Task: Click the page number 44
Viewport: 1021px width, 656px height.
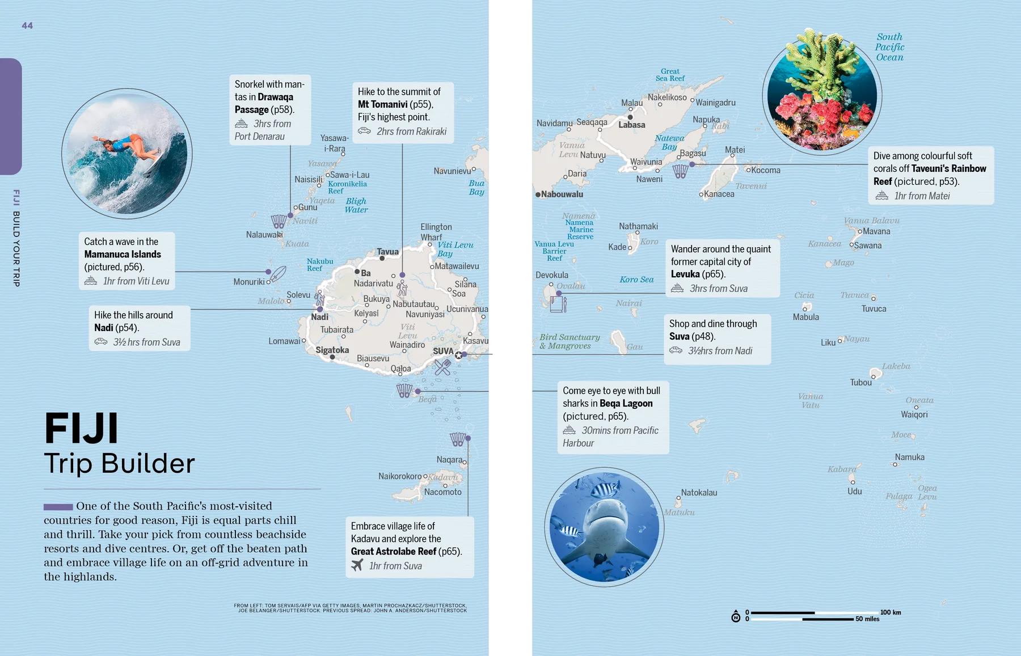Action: (x=27, y=26)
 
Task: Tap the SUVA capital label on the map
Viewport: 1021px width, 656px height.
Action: (x=443, y=351)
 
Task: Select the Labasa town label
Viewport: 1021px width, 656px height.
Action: (x=631, y=125)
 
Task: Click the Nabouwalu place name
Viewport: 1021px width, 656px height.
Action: (x=562, y=194)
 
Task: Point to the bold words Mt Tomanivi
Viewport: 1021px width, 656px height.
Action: (x=382, y=104)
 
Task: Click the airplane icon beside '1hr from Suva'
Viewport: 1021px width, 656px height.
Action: (x=357, y=565)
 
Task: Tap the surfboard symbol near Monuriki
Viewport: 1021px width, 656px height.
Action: (x=277, y=274)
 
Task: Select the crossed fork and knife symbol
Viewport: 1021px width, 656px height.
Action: (x=442, y=367)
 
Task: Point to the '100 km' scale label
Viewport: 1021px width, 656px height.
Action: (x=891, y=612)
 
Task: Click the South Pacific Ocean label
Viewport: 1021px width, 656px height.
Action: (x=889, y=47)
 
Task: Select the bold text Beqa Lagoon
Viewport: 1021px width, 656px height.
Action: (x=626, y=403)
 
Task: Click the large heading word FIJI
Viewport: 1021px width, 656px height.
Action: (x=81, y=429)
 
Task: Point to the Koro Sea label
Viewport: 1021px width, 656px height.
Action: (x=636, y=280)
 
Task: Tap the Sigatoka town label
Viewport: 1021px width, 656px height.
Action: (x=332, y=350)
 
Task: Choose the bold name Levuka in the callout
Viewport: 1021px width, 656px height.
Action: (x=685, y=274)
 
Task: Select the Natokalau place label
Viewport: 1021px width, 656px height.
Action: (x=699, y=493)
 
